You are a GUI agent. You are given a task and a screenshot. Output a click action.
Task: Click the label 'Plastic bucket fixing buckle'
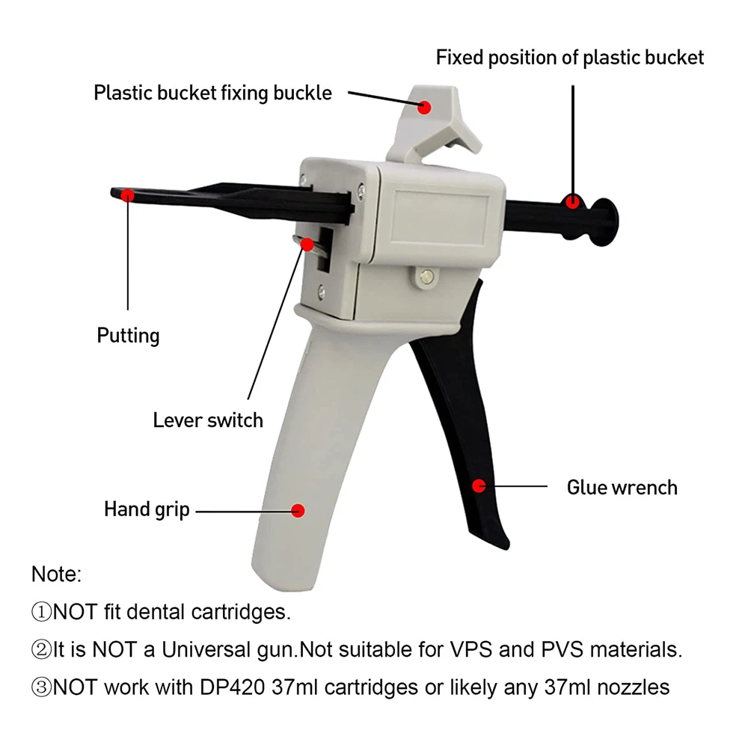212,93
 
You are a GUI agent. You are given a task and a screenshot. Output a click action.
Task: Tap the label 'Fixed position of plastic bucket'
570,58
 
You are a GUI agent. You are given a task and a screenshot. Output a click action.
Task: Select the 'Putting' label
128,335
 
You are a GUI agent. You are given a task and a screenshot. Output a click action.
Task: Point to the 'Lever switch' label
208,420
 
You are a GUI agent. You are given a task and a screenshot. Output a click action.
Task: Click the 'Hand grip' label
147,510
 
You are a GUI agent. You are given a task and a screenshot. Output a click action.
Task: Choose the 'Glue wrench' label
622,488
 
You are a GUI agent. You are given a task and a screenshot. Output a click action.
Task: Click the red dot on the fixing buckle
425,106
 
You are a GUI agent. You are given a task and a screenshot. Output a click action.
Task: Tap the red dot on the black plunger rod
572,200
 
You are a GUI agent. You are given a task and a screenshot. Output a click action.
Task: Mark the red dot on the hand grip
298,511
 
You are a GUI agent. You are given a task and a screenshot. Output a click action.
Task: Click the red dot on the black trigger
479,485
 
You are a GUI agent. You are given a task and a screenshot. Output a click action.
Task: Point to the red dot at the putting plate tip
128,196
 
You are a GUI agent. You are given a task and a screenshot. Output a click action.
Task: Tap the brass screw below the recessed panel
426,276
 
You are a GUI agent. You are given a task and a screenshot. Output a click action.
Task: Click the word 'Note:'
56,574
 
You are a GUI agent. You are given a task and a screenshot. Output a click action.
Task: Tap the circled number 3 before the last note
41,687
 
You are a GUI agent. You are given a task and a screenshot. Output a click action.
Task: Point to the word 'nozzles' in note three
629,687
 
